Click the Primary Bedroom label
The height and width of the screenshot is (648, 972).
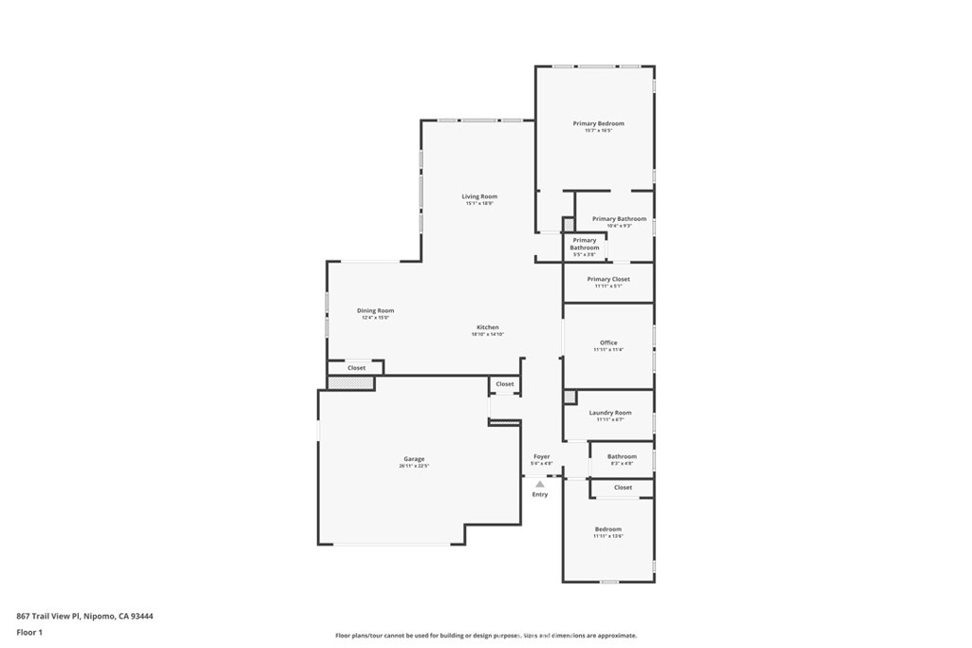pos(598,123)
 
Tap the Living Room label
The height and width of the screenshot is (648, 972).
pos(479,196)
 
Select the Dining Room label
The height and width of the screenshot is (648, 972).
pos(375,310)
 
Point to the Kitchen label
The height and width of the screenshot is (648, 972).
pos(487,327)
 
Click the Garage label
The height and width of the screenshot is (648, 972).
pos(414,459)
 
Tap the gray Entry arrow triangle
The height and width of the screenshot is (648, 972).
pos(540,484)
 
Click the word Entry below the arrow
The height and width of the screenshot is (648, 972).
pos(540,494)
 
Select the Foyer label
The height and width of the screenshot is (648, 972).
pos(541,456)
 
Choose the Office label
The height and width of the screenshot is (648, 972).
pos(608,343)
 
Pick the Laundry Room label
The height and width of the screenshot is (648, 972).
pos(609,413)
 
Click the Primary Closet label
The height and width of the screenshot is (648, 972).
pos(607,279)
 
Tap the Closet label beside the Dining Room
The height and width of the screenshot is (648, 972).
pos(356,367)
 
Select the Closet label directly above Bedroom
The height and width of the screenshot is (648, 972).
pos(623,488)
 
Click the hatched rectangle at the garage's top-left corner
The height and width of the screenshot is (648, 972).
pos(350,383)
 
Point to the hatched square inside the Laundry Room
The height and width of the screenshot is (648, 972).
pos(570,397)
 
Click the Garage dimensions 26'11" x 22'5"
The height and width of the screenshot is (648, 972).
pos(414,467)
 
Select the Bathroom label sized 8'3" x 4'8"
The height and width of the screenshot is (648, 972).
pos(622,456)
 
